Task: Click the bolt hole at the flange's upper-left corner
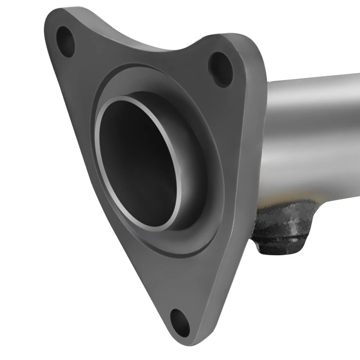pos(66,41)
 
